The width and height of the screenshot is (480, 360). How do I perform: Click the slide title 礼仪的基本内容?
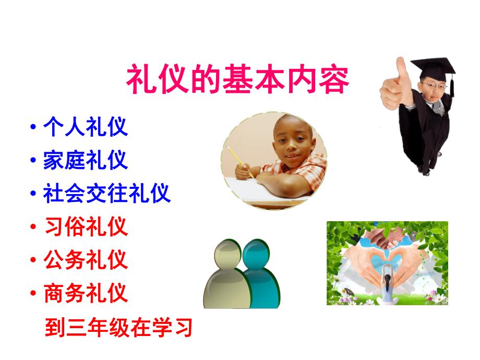click(x=237, y=79)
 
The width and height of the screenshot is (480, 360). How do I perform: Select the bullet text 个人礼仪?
click(x=86, y=127)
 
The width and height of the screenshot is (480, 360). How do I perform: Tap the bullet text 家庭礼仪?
click(x=86, y=160)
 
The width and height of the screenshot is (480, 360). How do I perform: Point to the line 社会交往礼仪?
click(x=107, y=194)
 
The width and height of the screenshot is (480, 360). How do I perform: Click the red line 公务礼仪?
click(x=86, y=259)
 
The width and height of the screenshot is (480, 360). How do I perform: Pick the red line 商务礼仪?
click(x=86, y=293)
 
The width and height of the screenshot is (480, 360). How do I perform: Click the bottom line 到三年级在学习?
click(x=119, y=328)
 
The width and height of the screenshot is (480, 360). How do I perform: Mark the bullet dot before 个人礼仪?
click(x=34, y=128)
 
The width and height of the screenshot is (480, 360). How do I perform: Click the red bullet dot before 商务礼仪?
click(x=34, y=293)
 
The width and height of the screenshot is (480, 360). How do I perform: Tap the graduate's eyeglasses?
click(x=429, y=86)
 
